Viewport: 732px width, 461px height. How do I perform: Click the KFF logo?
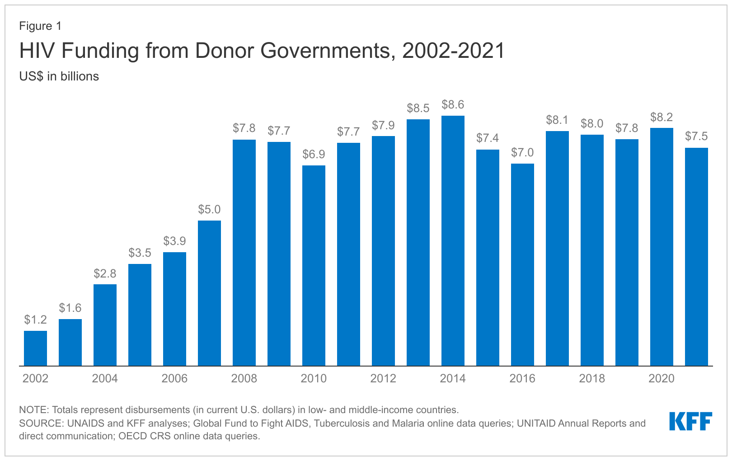[690, 421]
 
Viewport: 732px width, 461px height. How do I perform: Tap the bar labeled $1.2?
[35, 348]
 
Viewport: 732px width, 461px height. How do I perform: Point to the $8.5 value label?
[418, 108]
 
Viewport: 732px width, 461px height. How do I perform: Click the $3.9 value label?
[174, 241]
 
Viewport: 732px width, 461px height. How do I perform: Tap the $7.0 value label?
[522, 153]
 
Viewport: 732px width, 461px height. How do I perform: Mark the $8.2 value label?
[662, 118]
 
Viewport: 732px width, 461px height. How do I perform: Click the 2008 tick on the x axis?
[244, 379]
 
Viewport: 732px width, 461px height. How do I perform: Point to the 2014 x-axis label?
[453, 379]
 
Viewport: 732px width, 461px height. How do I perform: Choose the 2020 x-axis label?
[662, 379]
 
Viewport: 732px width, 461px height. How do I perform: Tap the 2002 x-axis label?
[35, 379]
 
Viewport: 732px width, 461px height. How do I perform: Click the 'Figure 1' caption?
[40, 26]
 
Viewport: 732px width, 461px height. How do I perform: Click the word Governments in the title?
[325, 51]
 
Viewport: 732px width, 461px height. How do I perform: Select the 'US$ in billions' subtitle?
[59, 76]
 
